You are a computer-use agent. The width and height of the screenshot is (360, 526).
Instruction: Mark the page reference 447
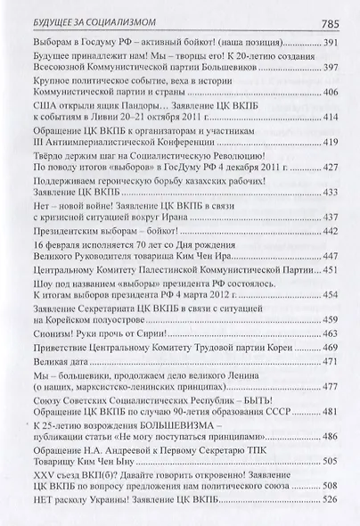point(333,255)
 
